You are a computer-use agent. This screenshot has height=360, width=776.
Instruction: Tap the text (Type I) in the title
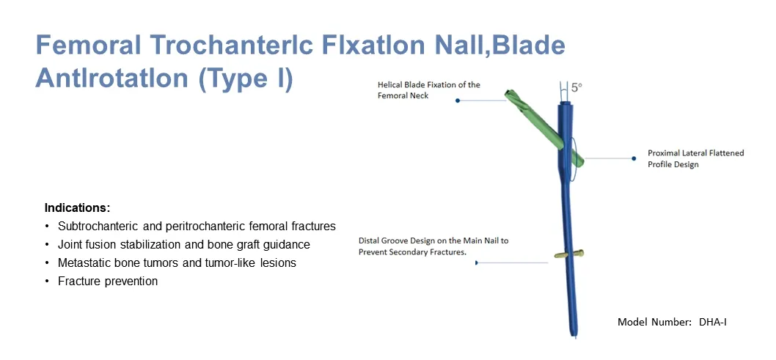tap(246, 78)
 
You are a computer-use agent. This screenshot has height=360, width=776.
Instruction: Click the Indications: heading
tap(77, 207)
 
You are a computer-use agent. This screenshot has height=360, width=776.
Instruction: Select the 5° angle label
tap(576, 87)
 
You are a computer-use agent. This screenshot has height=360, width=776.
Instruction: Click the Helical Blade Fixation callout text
tap(428, 90)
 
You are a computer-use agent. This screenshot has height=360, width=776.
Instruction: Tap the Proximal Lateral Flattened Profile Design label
tap(695, 158)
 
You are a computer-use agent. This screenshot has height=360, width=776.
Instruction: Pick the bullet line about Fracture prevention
tap(108, 281)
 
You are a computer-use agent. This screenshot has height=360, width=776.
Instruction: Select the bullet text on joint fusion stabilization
tap(183, 244)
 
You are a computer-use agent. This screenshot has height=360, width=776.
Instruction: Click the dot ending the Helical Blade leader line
tap(458, 100)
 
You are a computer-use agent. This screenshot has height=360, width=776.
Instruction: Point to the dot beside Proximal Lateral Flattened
tap(633, 158)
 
